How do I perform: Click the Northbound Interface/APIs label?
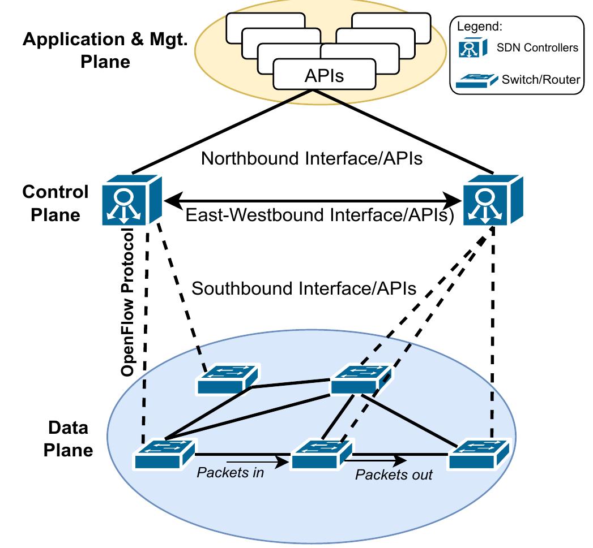(312, 158)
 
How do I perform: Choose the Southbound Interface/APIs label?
(304, 288)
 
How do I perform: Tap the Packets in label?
(230, 472)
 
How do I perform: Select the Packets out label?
(394, 474)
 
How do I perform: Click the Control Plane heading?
(56, 203)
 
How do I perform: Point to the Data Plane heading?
(69, 439)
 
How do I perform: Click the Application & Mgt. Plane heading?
(105, 50)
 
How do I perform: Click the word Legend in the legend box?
(476, 26)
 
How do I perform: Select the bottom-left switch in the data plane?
(164, 453)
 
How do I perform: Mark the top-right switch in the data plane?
(361, 378)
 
